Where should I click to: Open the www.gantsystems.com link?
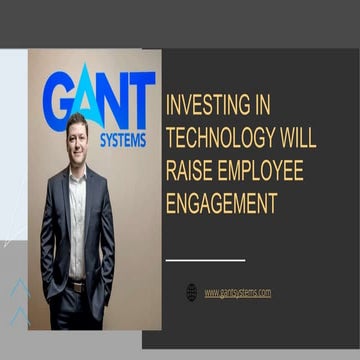[238, 292]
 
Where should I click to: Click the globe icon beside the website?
[192, 292]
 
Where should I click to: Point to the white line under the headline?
[205, 260]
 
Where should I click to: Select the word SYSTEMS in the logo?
[123, 139]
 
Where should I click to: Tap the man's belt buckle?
[77, 287]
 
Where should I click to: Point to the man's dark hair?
[76, 121]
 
